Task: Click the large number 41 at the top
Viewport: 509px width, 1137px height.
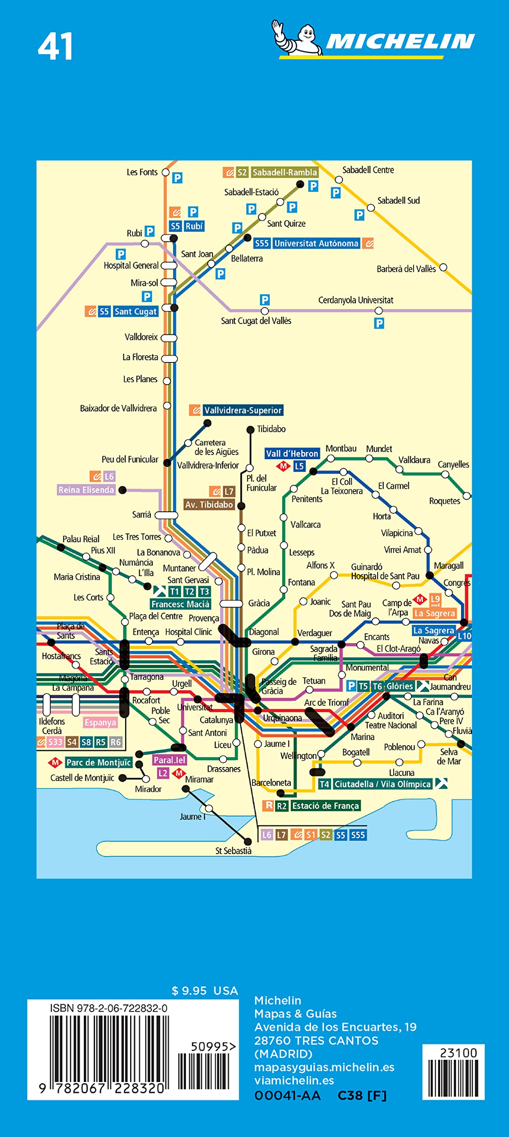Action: (55, 47)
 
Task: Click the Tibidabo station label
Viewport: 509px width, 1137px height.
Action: (271, 429)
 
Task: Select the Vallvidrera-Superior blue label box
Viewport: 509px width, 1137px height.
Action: (242, 410)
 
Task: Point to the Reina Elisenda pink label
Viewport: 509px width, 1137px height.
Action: (86, 490)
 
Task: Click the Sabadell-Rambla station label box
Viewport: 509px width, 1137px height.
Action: (284, 172)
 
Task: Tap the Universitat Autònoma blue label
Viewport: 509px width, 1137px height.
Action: (316, 243)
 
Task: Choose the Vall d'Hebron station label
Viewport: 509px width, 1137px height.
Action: (292, 453)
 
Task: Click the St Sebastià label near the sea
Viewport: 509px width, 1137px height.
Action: (233, 851)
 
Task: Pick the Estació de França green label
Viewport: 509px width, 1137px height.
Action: (325, 806)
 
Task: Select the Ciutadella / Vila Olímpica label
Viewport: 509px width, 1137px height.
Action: (382, 784)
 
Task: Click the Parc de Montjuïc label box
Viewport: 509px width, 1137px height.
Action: (99, 763)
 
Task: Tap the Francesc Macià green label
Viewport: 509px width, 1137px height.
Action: (180, 604)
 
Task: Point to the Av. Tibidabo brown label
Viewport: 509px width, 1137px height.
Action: (209, 505)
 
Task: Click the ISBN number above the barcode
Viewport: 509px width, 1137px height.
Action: (109, 1008)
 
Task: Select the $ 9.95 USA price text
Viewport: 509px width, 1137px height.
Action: (205, 991)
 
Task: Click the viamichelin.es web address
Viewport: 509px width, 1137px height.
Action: (294, 1081)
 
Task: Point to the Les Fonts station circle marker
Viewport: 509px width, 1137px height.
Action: (166, 172)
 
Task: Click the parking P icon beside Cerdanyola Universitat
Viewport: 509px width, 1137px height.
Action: (379, 323)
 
